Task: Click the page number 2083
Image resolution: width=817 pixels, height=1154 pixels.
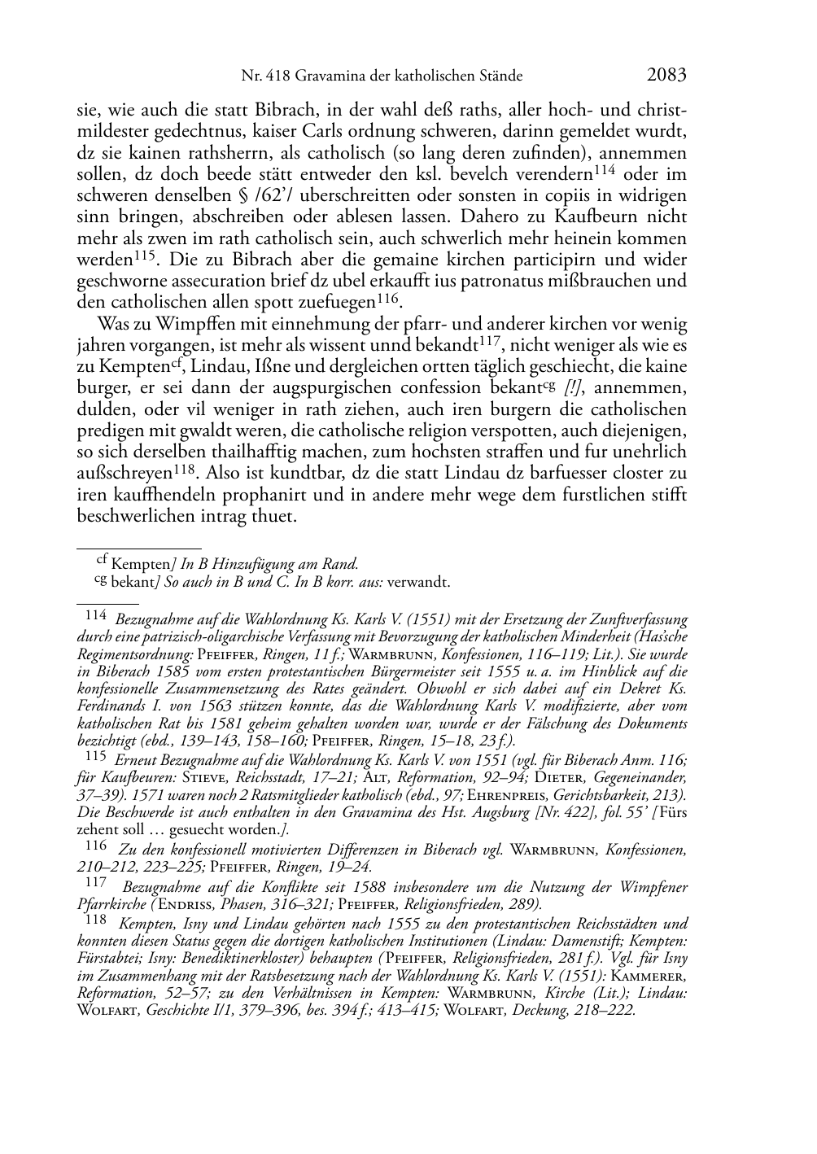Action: (667, 76)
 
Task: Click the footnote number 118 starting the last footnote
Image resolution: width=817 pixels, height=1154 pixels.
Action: (95, 920)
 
